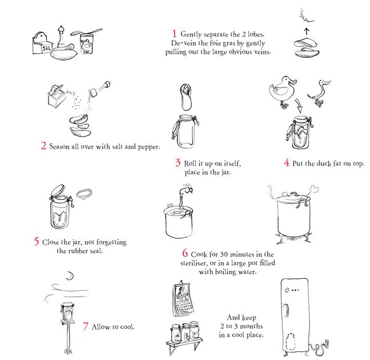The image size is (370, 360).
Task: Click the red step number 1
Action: coord(174,34)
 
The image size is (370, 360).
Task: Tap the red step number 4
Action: coord(287,162)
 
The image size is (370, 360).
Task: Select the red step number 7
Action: coord(86,326)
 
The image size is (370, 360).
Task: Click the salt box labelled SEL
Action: coord(42,43)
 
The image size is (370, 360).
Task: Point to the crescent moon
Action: coord(70,276)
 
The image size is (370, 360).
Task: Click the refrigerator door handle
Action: coord(286,310)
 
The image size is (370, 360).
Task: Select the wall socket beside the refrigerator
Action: coord(327,343)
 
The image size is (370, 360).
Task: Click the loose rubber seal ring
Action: coord(85,194)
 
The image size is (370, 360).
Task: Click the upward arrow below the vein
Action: coord(306,31)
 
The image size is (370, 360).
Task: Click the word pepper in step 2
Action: coord(148,147)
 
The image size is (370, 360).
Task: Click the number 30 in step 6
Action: coord(224,254)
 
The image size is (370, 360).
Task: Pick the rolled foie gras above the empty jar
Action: coord(186,97)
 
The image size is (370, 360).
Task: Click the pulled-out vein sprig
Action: coord(305,16)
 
